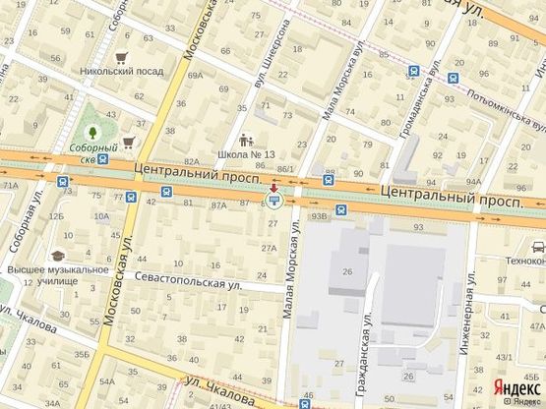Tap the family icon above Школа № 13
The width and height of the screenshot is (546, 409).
point(246,139)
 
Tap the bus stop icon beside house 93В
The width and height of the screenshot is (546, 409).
point(340,208)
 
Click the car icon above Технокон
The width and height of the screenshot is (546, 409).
point(538,249)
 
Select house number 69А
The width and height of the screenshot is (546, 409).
point(195,75)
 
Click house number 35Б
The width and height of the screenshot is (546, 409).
point(83,355)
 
